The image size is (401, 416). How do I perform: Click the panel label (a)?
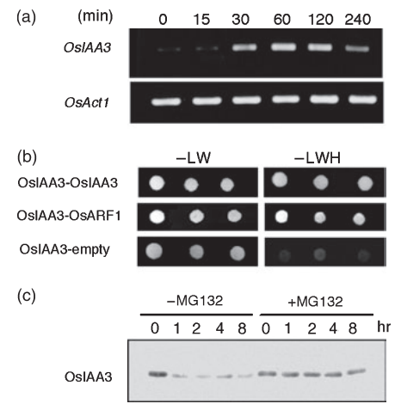[27, 17]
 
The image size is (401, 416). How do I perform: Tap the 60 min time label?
[282, 20]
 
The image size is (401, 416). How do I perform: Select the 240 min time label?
[358, 20]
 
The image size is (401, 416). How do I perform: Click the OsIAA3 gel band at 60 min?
[283, 46]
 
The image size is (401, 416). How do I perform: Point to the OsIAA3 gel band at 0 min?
[170, 49]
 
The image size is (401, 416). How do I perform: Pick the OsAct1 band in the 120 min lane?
[324, 100]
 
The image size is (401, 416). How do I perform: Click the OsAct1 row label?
[87, 102]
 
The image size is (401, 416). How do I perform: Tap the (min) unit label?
[96, 16]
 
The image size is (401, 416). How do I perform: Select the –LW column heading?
[194, 157]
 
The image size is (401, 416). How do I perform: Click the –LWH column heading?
[318, 157]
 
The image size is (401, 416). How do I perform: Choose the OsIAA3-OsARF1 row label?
[69, 216]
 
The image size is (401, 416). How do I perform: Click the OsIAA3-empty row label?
[65, 249]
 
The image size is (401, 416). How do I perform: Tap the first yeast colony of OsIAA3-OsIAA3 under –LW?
[157, 183]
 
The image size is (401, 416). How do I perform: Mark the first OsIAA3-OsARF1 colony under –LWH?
[281, 217]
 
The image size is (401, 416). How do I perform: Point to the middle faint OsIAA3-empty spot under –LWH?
[319, 254]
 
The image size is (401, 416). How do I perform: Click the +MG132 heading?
[315, 302]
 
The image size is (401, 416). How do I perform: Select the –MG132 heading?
[194, 301]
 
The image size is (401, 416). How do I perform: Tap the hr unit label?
[384, 327]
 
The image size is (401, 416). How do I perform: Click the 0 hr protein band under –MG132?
[157, 374]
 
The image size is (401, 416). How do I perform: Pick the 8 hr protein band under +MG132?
[356, 372]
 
